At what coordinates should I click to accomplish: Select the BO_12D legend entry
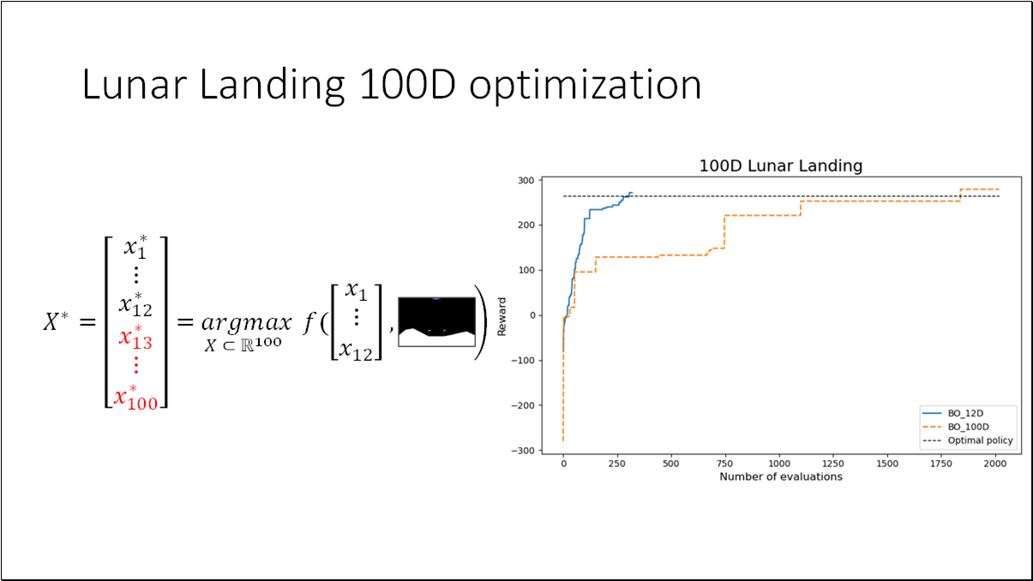[967, 412]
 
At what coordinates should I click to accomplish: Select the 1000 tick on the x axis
[779, 464]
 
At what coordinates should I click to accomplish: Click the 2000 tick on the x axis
[995, 464]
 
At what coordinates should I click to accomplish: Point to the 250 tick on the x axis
[616, 464]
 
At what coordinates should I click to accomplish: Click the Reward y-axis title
[503, 314]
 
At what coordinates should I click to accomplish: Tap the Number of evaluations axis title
[780, 476]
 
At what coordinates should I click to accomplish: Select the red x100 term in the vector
[135, 398]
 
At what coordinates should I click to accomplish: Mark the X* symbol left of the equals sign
[62, 321]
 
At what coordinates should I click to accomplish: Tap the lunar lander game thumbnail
[435, 321]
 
